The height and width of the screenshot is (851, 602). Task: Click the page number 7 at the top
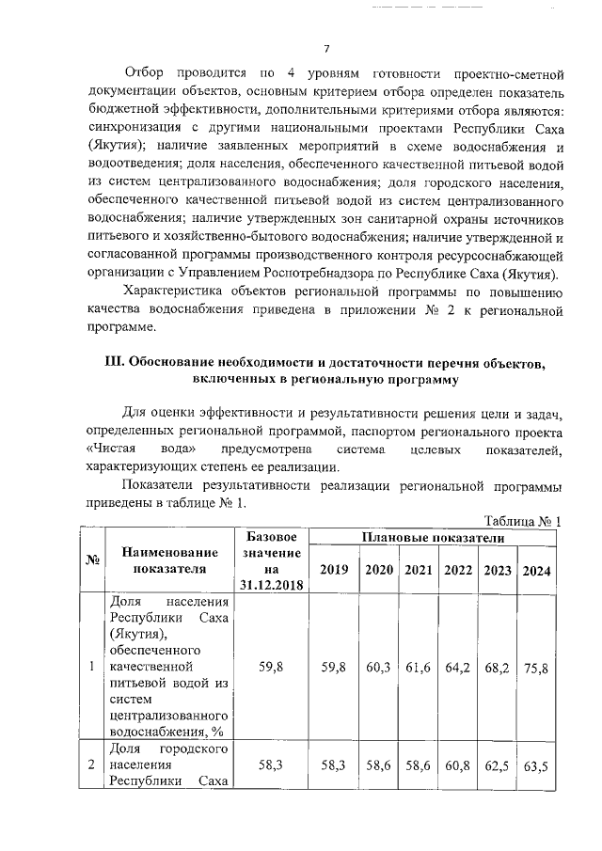point(326,49)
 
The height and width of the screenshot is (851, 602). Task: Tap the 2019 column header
point(334,570)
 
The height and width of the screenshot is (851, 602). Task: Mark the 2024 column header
point(537,571)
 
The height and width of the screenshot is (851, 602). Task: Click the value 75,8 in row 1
point(537,668)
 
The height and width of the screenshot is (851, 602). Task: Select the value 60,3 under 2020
point(378,668)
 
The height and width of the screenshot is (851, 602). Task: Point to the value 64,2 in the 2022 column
point(458,668)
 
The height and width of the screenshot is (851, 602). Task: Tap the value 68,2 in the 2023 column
point(498,668)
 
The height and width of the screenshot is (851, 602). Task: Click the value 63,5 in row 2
point(537,767)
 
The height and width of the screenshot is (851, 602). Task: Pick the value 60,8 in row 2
point(458,767)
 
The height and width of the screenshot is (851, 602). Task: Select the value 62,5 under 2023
point(498,767)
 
